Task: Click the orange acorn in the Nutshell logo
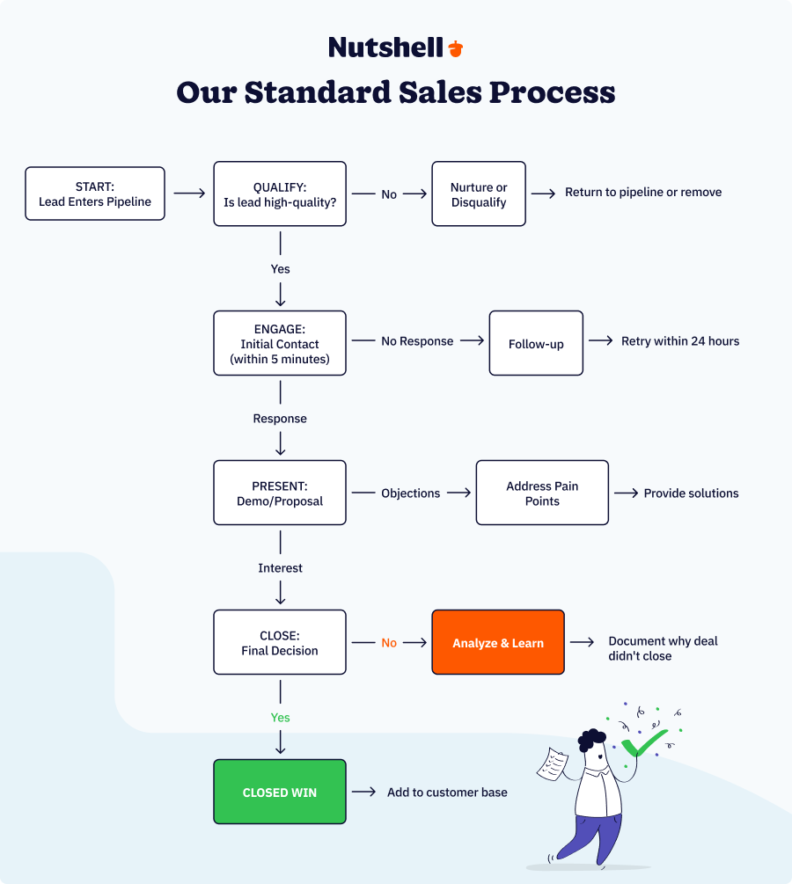(455, 48)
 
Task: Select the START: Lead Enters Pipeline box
(95, 194)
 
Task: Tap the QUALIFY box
(280, 194)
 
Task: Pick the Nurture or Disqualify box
(479, 194)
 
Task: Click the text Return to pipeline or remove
(642, 192)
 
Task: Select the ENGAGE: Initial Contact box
(280, 343)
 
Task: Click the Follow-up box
(536, 343)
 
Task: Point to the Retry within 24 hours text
(679, 341)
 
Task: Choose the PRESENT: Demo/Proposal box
(280, 493)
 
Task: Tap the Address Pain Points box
(542, 493)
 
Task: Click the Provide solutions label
(691, 493)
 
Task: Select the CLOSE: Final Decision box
(280, 642)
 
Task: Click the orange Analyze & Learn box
(498, 642)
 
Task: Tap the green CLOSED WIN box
(280, 792)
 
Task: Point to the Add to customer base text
(447, 793)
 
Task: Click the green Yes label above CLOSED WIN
(280, 718)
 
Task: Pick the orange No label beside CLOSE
(389, 643)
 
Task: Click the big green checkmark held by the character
(644, 743)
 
